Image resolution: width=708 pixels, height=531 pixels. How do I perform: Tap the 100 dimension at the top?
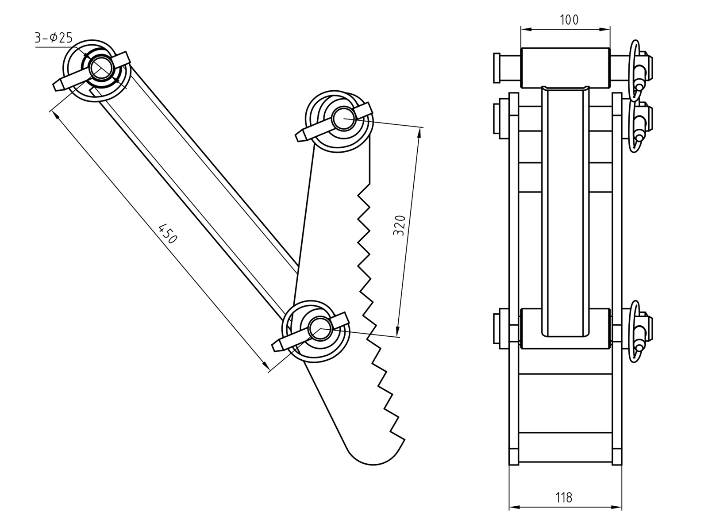569,19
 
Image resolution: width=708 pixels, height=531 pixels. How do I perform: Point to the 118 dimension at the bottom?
564,498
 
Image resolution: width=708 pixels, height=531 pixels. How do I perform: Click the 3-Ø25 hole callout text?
54,38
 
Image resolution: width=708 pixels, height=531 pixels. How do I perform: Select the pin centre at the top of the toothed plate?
343,118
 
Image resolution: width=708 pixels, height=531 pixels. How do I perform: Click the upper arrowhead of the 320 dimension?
418,131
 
